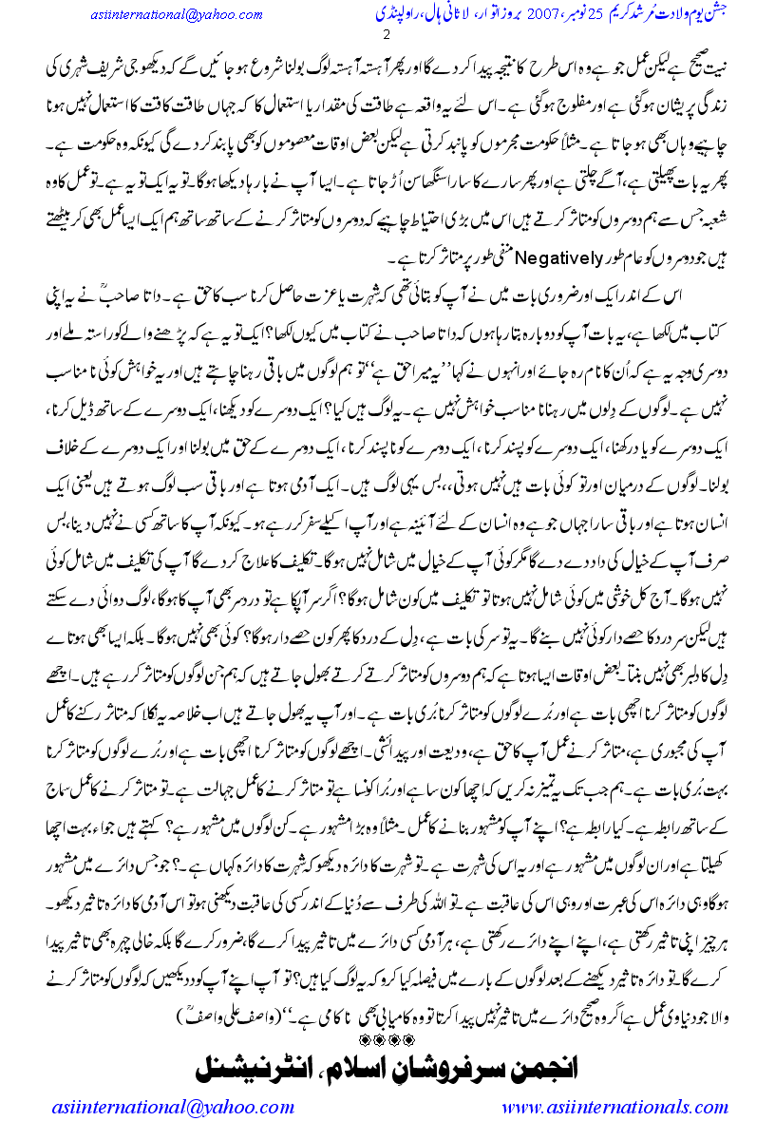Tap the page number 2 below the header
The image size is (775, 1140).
coord(387,36)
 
